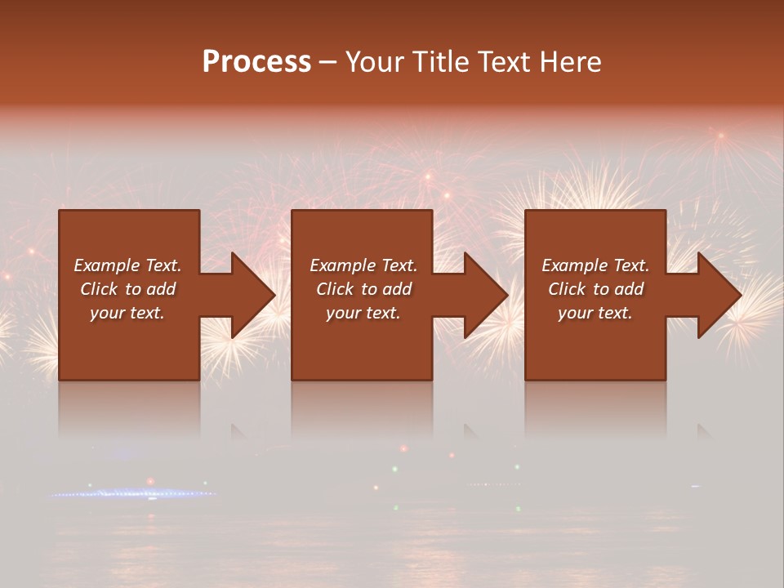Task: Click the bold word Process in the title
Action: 256,62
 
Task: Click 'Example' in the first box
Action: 107,265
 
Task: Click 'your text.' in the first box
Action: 127,313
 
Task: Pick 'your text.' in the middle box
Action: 363,313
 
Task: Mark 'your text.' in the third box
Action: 595,313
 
